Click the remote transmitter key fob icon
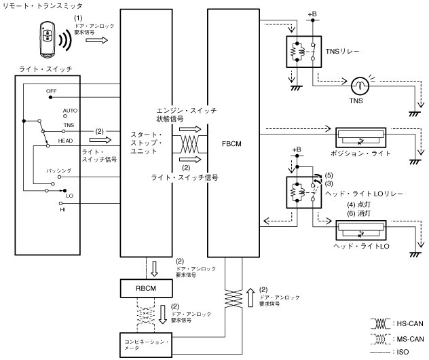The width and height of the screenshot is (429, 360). [48, 40]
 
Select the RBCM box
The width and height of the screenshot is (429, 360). [147, 288]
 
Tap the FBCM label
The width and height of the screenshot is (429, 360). [231, 144]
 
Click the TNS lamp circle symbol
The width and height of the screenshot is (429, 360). [360, 86]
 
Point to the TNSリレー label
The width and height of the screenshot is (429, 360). [342, 52]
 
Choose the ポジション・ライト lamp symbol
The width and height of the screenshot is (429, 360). [361, 137]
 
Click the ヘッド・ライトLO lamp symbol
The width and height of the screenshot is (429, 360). [361, 230]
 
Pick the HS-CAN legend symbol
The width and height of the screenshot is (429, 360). [380, 324]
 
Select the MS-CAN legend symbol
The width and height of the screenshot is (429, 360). [380, 339]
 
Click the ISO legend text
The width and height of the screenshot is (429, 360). [403, 352]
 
